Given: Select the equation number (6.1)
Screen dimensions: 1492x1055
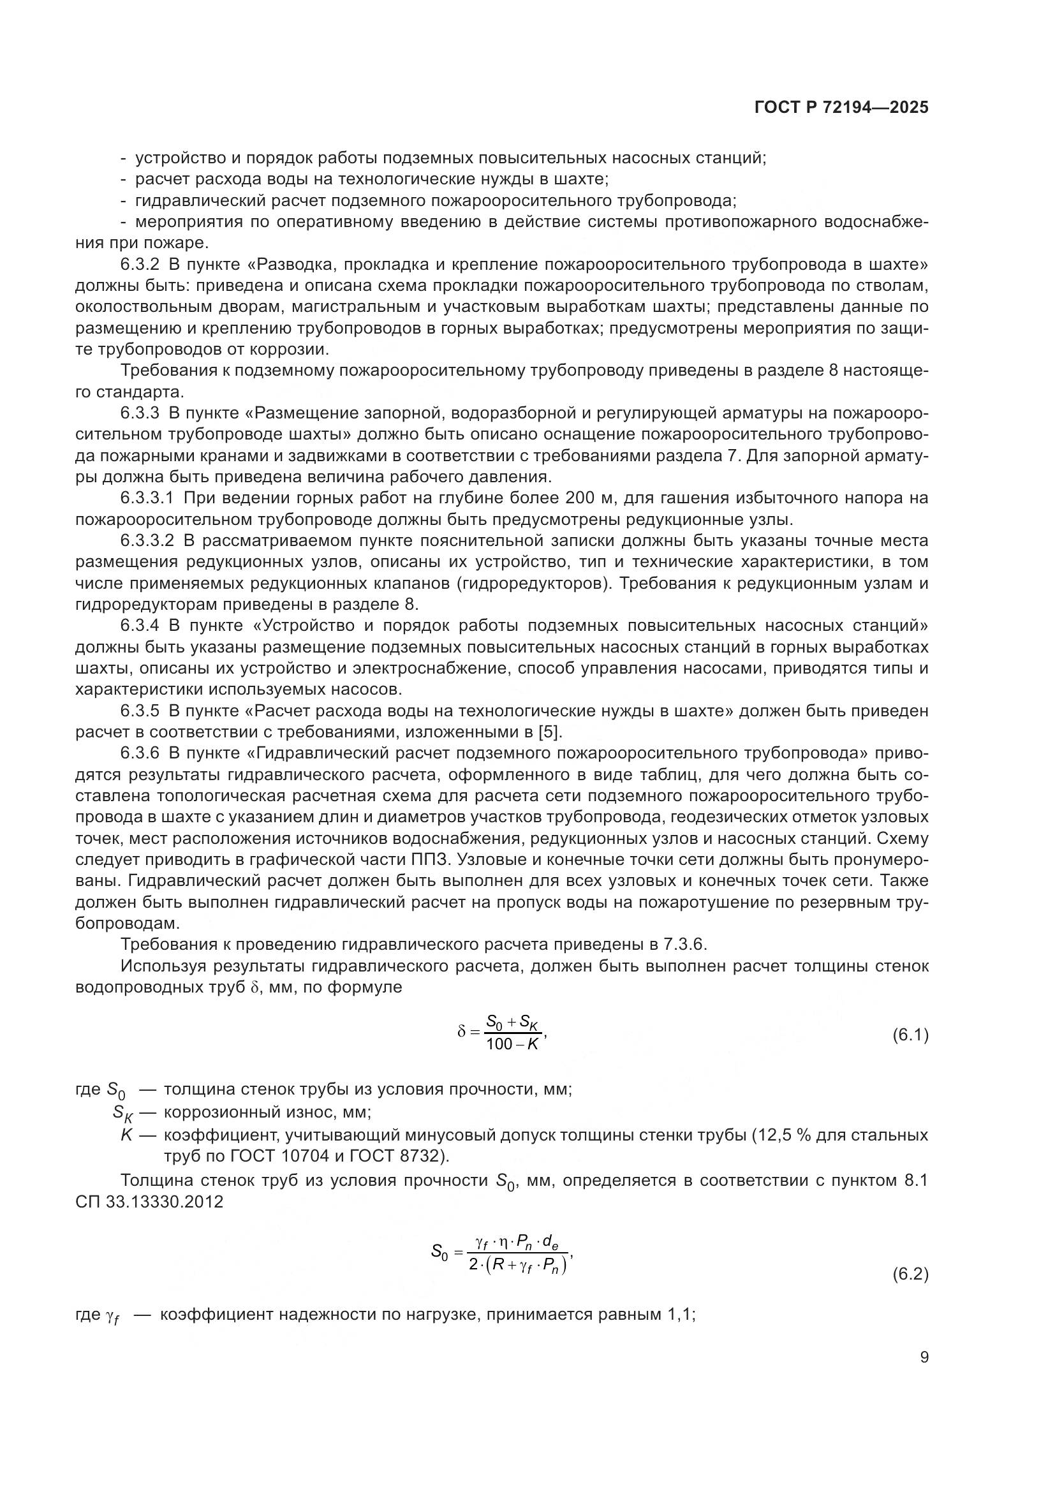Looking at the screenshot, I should pos(911,1035).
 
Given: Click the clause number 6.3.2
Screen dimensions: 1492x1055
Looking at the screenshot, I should pos(140,265).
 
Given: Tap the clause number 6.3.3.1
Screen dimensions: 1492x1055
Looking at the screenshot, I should pos(147,498).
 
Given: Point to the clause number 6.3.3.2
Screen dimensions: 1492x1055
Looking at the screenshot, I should pos(147,541).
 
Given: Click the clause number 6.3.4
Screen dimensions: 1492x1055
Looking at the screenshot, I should pos(140,626).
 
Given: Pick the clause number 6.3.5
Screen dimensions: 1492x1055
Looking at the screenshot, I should pos(140,711).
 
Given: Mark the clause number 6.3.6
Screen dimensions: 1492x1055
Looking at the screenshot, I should pos(140,754).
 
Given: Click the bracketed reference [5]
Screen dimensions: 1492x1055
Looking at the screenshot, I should pos(550,732).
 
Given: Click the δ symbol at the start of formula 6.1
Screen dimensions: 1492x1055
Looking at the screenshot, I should pos(461,1032).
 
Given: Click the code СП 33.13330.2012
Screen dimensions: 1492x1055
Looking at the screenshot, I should pos(149,1202).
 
